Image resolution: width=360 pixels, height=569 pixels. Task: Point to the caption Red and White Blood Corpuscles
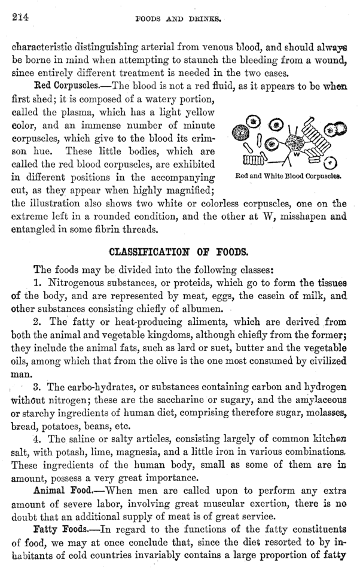tap(288, 177)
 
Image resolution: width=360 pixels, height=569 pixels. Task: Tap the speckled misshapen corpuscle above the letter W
tap(294, 142)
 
